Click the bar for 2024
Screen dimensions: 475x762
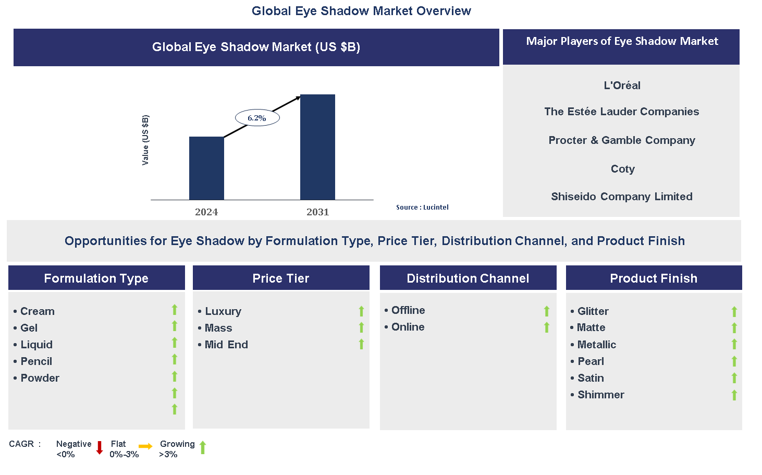[x=206, y=168]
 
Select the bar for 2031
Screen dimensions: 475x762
[x=317, y=147]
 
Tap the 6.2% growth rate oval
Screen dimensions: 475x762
[x=257, y=118]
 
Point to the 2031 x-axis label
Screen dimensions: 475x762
[x=317, y=212]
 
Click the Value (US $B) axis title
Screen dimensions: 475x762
[x=145, y=140]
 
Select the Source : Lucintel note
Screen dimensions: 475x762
[x=422, y=208]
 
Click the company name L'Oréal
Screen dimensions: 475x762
[x=622, y=86]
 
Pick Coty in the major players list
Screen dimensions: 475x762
[x=622, y=169]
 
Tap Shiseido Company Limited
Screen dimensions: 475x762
[x=621, y=197]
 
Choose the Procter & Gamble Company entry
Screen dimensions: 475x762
[x=621, y=140]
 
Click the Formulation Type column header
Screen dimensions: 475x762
[x=96, y=278]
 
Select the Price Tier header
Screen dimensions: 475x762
[x=281, y=278]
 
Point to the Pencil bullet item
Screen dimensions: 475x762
[x=36, y=361]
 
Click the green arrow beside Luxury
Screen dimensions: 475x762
[x=361, y=311]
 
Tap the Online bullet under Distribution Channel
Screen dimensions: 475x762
[x=408, y=327]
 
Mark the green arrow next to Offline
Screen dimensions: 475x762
[x=547, y=311]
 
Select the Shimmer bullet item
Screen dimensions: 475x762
[x=600, y=395]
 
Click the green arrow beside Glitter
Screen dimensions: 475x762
[x=734, y=312]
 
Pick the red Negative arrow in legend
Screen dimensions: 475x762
[x=100, y=448]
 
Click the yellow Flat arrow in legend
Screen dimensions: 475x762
[x=145, y=446]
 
